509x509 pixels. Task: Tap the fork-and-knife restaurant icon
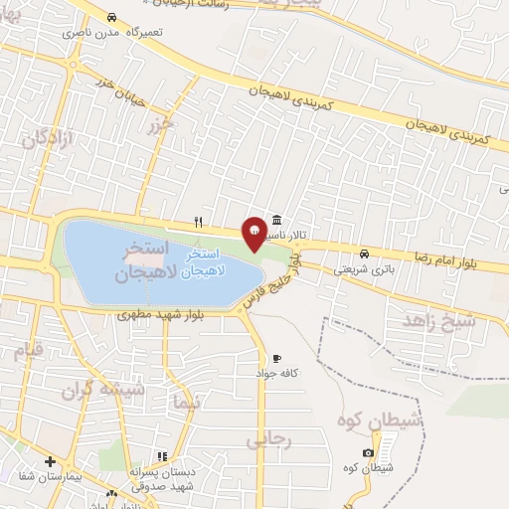pyautogui.click(x=199, y=222)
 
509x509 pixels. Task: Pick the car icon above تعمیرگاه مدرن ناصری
pyautogui.click(x=111, y=18)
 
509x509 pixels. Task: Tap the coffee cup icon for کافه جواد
pyautogui.click(x=276, y=358)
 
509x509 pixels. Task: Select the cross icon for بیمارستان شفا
pyautogui.click(x=50, y=461)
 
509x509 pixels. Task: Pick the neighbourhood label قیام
pyautogui.click(x=28, y=350)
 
